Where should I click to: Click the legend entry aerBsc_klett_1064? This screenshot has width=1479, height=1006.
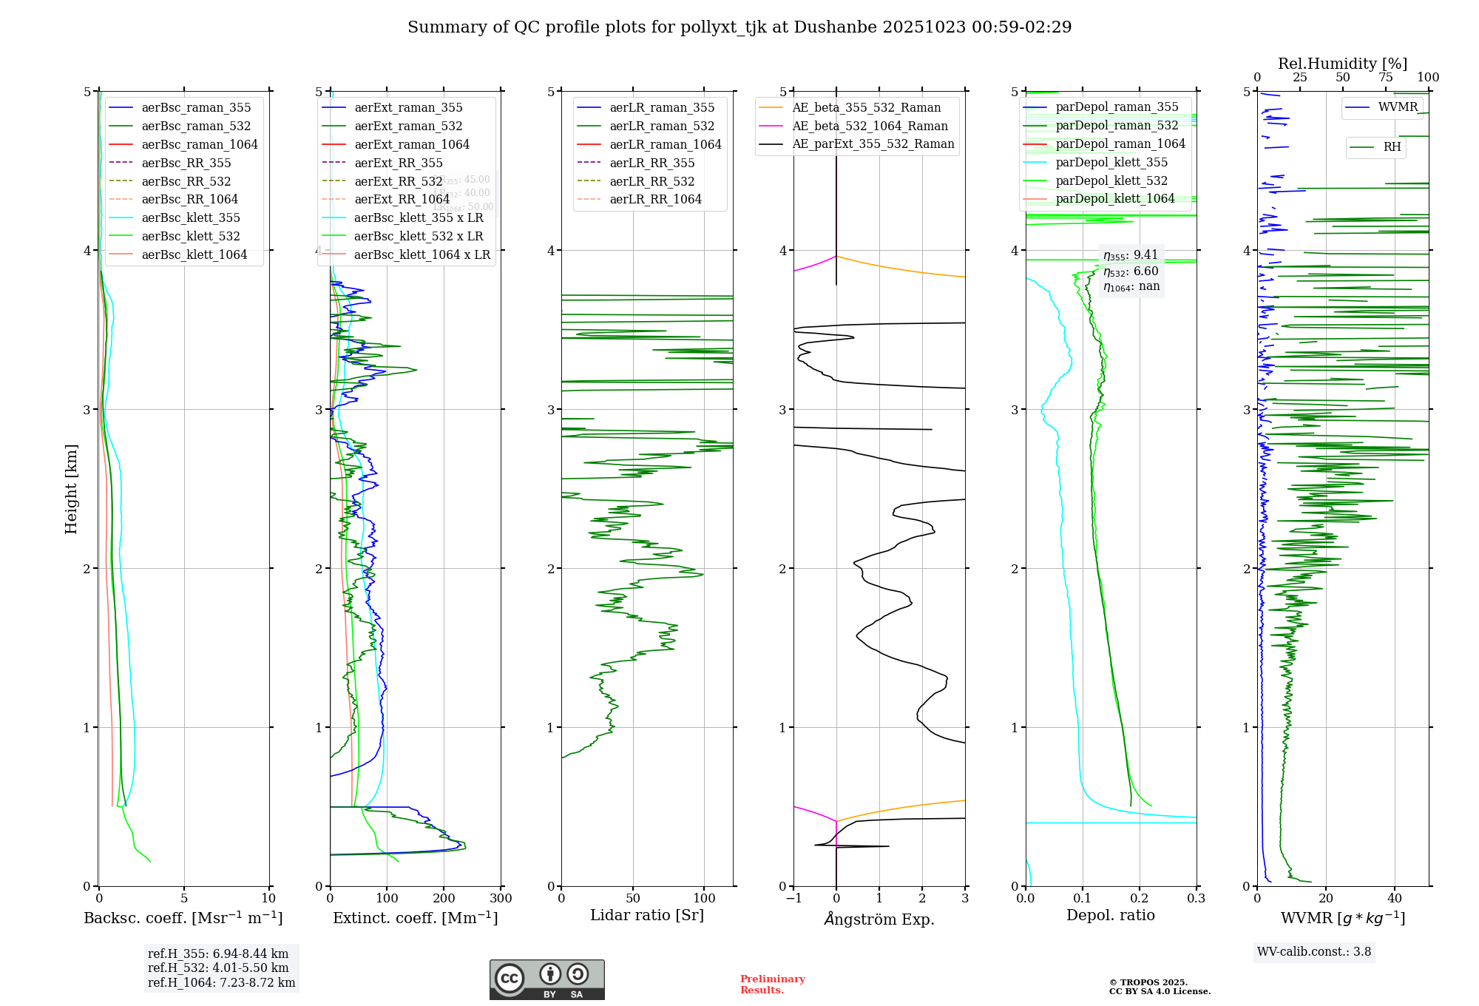[194, 254]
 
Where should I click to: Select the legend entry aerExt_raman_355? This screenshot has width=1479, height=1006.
[408, 107]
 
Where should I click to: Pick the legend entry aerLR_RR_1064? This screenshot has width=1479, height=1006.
[655, 199]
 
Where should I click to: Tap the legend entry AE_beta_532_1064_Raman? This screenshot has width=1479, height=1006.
[870, 126]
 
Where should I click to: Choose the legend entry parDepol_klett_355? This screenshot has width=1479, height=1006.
[1111, 162]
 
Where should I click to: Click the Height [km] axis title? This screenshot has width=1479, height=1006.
[71, 488]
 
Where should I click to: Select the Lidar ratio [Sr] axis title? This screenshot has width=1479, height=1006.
[647, 915]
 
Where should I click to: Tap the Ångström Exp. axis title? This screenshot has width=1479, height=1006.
[879, 919]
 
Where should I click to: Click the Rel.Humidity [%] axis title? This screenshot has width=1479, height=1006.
[1342, 64]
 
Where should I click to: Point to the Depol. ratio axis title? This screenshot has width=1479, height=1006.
[1110, 915]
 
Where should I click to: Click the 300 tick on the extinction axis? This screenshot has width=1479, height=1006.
[501, 899]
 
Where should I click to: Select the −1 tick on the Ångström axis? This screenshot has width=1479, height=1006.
[793, 899]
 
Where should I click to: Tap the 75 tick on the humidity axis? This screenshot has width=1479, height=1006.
[1385, 78]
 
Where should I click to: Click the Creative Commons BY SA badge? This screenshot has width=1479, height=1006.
[546, 979]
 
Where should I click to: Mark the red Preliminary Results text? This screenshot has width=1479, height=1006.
[772, 985]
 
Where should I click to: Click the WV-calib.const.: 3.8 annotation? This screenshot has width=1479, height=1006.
[1314, 952]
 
